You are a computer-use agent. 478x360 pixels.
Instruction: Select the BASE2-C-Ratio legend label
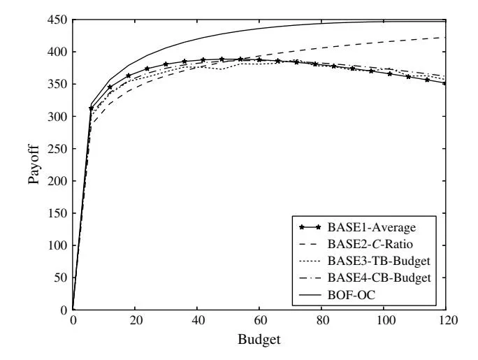point(375,244)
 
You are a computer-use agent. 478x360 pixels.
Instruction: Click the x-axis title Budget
point(259,343)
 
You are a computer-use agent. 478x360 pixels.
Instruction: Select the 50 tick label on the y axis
point(60,278)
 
